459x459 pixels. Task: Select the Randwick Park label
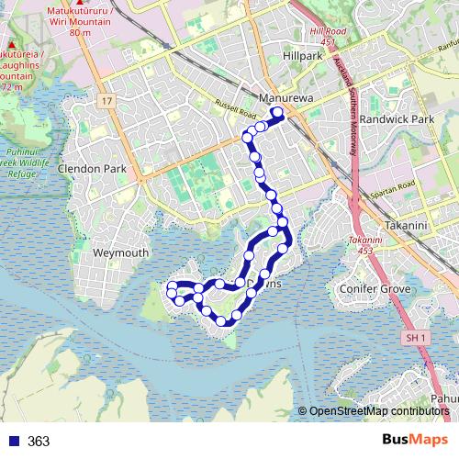click(x=397, y=119)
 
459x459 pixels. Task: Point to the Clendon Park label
click(x=92, y=169)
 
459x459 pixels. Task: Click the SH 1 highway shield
click(x=416, y=338)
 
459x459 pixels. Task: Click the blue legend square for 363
click(x=14, y=442)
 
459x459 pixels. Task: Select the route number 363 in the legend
click(x=39, y=442)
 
